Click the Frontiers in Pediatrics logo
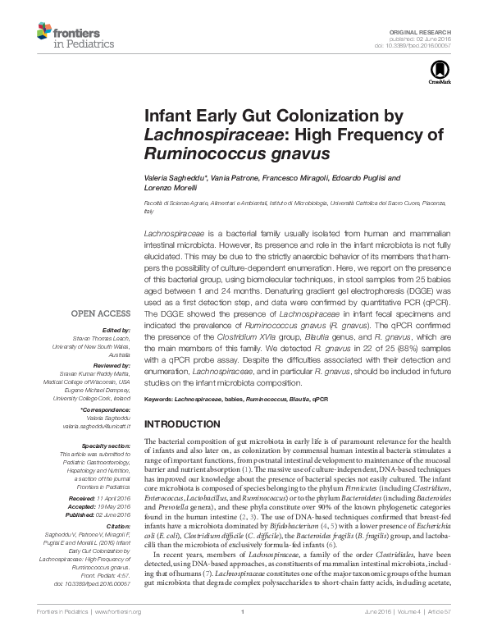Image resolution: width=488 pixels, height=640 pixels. tap(66, 35)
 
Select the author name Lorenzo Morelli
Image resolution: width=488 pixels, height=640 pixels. tap(169, 189)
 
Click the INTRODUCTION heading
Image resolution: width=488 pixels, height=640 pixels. tap(188, 423)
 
